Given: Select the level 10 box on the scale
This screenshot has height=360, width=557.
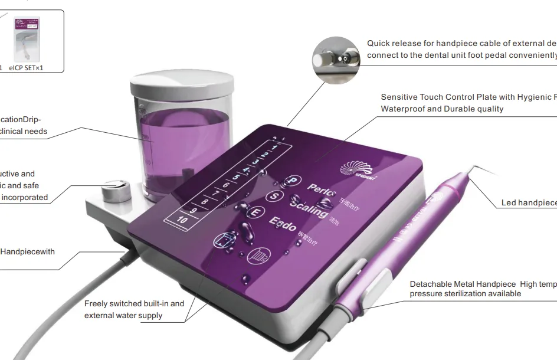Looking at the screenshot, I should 182,220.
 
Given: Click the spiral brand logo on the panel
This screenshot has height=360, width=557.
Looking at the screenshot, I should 356,169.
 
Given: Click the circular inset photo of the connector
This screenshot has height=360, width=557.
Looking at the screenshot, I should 336,60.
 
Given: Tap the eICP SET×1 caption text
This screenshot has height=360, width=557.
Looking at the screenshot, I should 26,68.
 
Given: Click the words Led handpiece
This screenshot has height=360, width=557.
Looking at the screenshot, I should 529,203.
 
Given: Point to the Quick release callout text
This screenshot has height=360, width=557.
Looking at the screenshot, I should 460,43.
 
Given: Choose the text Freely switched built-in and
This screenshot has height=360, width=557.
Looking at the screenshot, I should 134,304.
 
